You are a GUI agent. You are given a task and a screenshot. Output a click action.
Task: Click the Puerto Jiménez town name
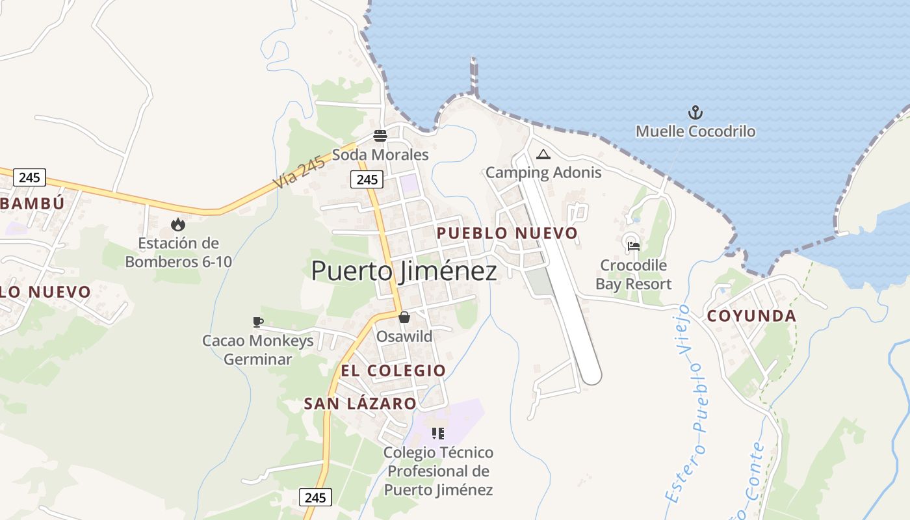[x=404, y=271]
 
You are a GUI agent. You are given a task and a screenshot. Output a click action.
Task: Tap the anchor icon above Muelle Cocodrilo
[x=695, y=113]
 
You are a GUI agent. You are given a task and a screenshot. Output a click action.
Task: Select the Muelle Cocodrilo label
[x=695, y=131]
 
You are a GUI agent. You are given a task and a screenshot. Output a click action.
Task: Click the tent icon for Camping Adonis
[x=543, y=155]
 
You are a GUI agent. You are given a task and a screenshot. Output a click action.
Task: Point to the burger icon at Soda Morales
[x=380, y=136]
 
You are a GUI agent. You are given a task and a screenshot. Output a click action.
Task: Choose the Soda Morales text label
[x=380, y=155]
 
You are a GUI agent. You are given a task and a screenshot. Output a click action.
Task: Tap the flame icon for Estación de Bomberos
[x=177, y=225]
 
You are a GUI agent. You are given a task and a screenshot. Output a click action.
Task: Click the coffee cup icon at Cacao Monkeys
[x=257, y=322]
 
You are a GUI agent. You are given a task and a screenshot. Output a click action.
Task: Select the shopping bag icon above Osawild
[x=404, y=318]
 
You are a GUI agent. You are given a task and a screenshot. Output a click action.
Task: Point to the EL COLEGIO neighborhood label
[x=393, y=370]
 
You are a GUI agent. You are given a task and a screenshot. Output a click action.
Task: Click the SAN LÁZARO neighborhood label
[x=360, y=404]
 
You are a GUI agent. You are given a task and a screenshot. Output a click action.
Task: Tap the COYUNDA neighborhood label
[x=751, y=316]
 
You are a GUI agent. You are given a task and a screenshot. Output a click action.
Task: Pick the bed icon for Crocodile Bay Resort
[x=633, y=246]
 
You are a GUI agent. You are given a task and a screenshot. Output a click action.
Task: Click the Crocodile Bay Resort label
[x=633, y=274]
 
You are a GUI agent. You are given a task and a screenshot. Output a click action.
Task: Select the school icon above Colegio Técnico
[x=438, y=433]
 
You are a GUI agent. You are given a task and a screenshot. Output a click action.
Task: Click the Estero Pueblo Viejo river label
[x=689, y=403]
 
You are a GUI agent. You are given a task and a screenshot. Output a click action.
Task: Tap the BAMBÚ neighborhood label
[x=32, y=203]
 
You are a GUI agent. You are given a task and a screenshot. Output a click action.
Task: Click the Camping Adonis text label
[x=543, y=172]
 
